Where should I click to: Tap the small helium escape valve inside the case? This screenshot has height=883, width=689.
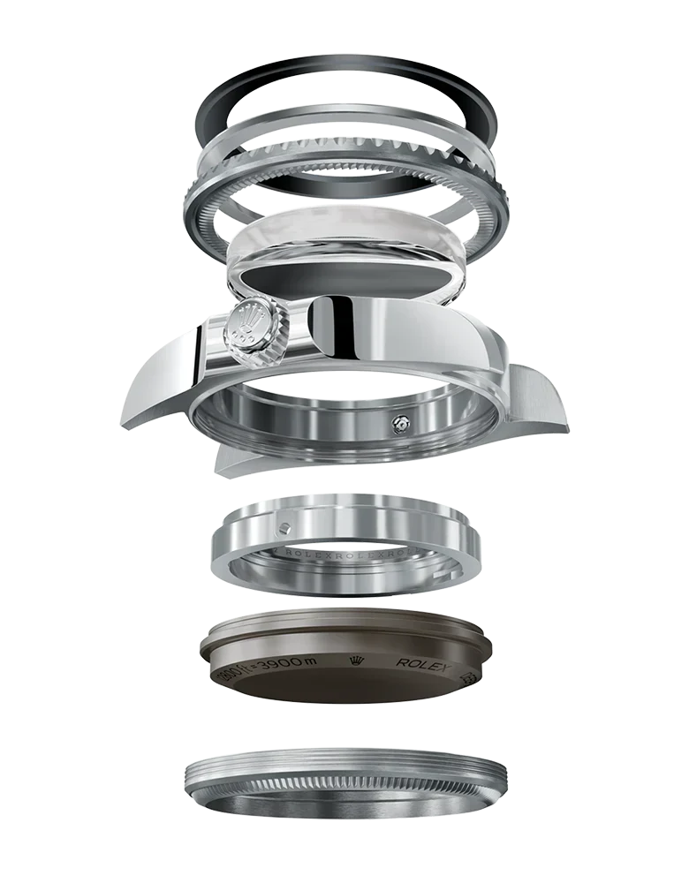(x=399, y=425)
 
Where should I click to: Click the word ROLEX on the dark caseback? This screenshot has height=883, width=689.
(x=423, y=662)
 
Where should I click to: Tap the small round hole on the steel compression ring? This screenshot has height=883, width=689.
(x=283, y=528)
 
